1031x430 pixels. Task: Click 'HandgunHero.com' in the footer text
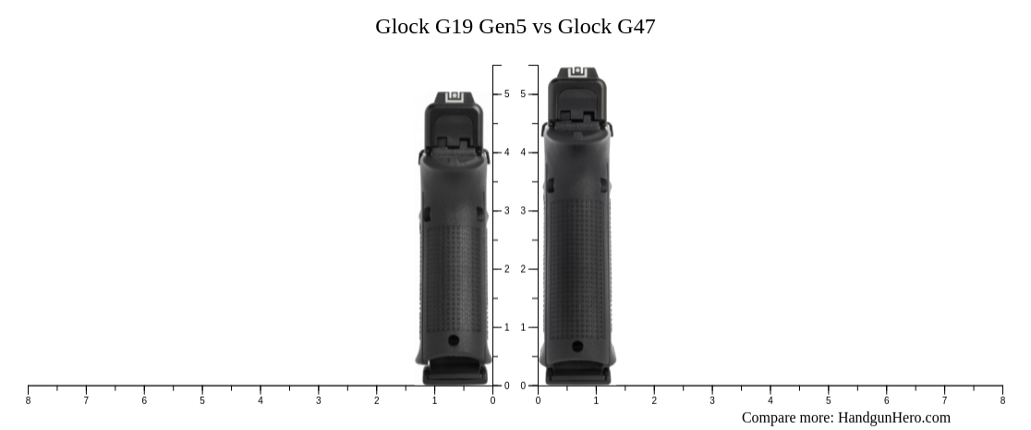pos(893,418)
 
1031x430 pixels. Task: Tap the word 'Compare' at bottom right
pos(770,418)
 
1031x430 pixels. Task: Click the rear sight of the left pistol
pos(454,97)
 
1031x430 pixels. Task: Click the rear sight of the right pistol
pos(577,71)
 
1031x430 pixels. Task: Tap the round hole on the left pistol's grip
pos(454,340)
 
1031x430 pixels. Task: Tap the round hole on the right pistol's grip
pos(577,347)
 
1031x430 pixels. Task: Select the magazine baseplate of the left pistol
pos(454,375)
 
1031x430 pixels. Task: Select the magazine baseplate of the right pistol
pos(577,375)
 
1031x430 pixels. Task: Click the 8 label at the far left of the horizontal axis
pos(28,400)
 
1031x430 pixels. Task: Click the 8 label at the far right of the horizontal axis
pos(1002,400)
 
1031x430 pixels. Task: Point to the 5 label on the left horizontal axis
pos(202,400)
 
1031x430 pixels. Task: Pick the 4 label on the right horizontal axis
pos(770,400)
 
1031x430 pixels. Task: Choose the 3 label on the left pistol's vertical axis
pos(506,211)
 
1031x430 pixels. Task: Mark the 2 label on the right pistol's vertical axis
pos(523,269)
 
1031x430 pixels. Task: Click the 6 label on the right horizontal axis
pos(886,400)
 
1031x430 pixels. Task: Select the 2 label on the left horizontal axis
pos(376,400)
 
